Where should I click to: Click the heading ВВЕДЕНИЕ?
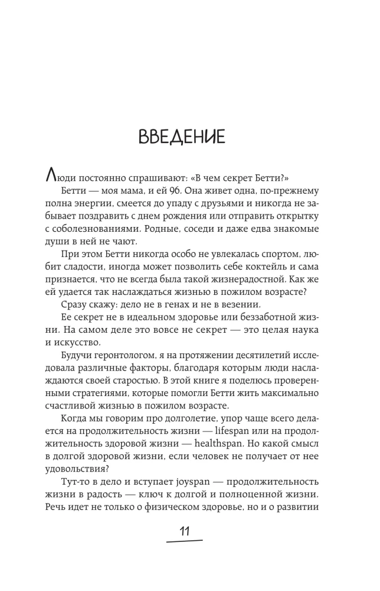pos(181,137)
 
